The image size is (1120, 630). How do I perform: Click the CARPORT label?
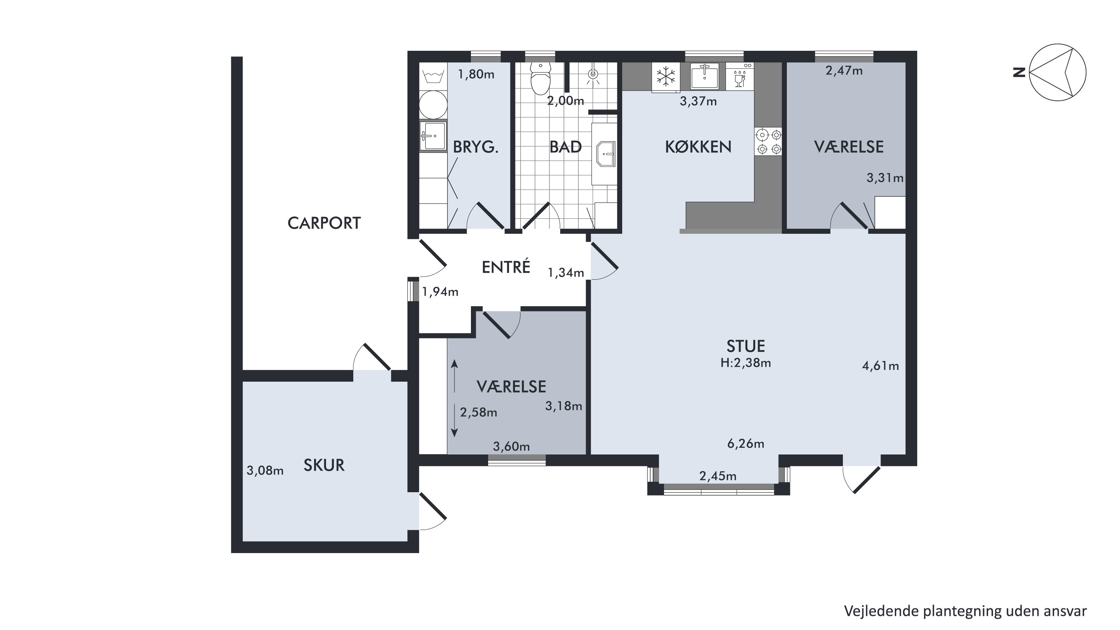pyautogui.click(x=324, y=223)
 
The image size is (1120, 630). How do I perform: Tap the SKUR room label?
pyautogui.click(x=324, y=465)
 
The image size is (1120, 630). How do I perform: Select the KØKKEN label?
pyautogui.click(x=698, y=147)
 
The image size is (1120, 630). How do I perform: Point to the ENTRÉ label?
pyautogui.click(x=506, y=267)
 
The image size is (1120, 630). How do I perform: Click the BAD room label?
pyautogui.click(x=566, y=147)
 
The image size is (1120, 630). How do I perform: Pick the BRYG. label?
pyautogui.click(x=476, y=147)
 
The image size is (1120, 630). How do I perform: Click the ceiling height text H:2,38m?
pyautogui.click(x=746, y=363)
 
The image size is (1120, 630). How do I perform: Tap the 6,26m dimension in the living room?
pyautogui.click(x=746, y=444)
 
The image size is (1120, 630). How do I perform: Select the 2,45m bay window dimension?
pyautogui.click(x=718, y=476)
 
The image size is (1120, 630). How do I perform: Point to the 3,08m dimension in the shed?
pyautogui.click(x=265, y=470)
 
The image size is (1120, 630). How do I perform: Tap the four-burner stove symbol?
pyautogui.click(x=768, y=142)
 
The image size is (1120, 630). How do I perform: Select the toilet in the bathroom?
pyautogui.click(x=541, y=79)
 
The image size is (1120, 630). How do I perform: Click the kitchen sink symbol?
pyautogui.click(x=705, y=76)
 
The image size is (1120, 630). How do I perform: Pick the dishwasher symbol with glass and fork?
pyautogui.click(x=739, y=77)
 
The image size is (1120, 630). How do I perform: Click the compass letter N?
pyautogui.click(x=1019, y=72)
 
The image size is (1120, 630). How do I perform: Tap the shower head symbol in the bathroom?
pyautogui.click(x=593, y=75)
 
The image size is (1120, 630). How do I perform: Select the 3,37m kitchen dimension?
pyautogui.click(x=698, y=101)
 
